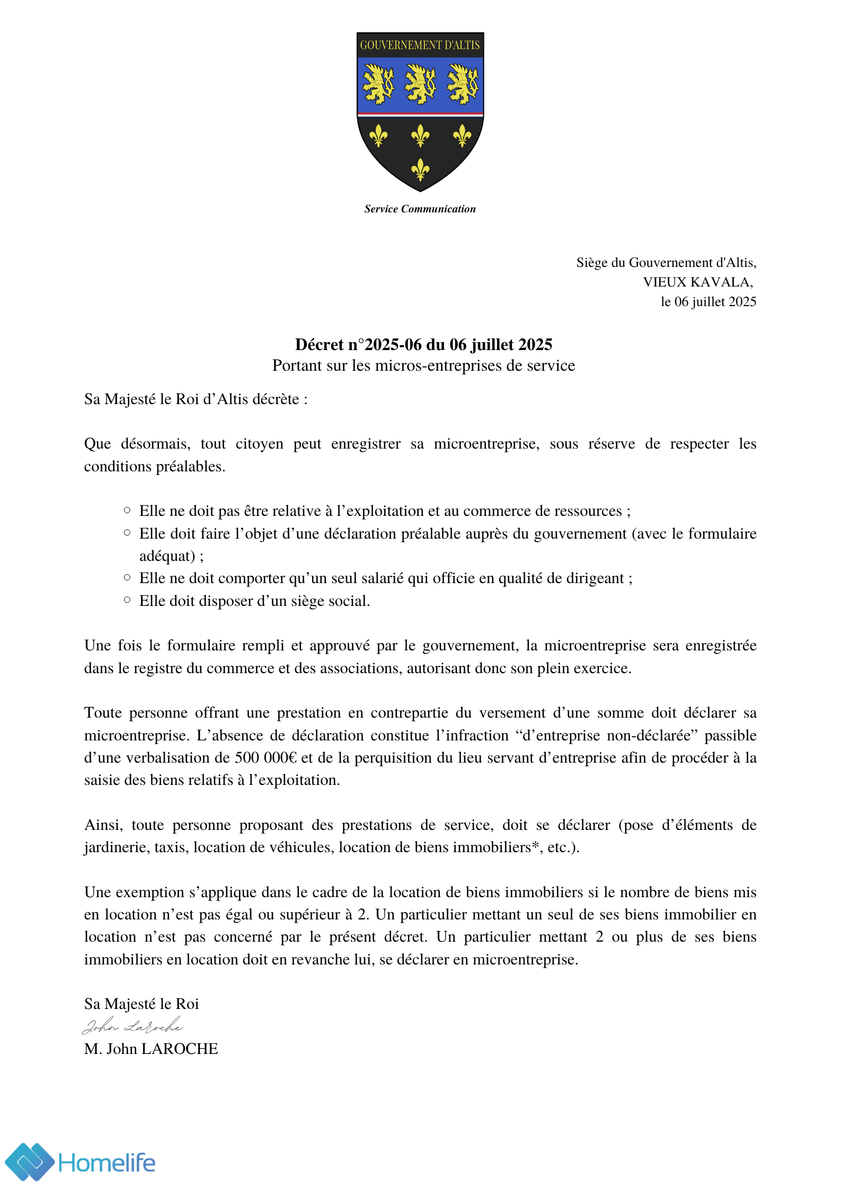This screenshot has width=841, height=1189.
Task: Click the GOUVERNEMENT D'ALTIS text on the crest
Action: [x=420, y=45]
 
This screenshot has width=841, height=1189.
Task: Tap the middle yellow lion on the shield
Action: [x=420, y=84]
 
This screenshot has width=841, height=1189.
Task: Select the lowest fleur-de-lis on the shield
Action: [x=420, y=169]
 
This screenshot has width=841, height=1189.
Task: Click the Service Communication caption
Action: [x=420, y=209]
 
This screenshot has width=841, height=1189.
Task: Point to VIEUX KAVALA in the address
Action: [x=697, y=282]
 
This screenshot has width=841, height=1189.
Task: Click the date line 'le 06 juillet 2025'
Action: [x=708, y=302]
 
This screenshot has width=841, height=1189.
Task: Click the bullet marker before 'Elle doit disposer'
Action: [x=127, y=600]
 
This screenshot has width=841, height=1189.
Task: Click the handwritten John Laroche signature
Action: [x=132, y=1026]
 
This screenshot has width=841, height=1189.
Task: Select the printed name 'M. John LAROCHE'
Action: [x=151, y=1049]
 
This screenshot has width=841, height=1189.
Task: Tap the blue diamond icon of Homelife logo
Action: [x=30, y=1162]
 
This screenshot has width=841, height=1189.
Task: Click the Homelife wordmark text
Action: [x=107, y=1163]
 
